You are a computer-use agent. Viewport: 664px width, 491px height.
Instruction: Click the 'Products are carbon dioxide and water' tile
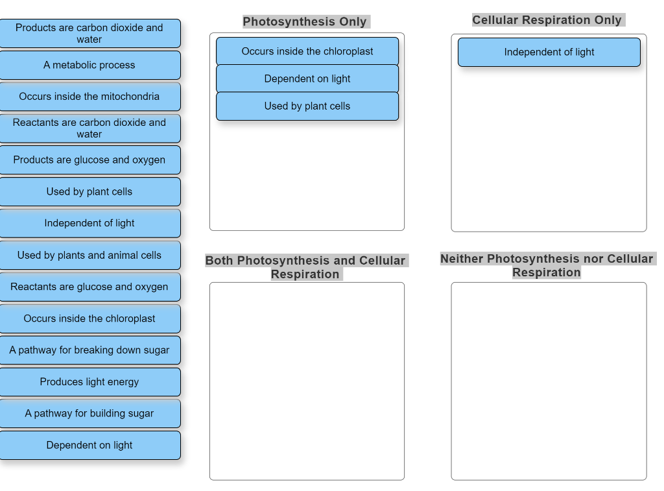point(89,34)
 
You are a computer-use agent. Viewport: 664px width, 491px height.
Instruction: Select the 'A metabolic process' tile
point(89,65)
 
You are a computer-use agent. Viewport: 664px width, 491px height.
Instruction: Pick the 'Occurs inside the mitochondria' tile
point(89,97)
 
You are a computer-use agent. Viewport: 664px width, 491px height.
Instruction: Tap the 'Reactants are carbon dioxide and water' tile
point(89,128)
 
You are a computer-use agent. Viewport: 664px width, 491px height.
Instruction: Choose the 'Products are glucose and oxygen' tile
point(89,160)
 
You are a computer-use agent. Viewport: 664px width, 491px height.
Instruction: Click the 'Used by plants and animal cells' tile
point(89,256)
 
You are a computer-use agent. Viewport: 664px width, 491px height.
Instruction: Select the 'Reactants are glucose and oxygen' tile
point(89,287)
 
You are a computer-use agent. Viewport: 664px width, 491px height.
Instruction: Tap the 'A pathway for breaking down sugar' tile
point(89,350)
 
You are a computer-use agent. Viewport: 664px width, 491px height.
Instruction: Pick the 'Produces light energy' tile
point(89,382)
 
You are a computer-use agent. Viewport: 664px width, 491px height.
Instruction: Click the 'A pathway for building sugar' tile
point(89,414)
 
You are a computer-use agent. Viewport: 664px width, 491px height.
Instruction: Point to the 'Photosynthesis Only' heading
point(305,22)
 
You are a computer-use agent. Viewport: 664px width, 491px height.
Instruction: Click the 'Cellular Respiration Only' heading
point(547,20)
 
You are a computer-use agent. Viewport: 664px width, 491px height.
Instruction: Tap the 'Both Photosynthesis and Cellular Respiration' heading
point(305,267)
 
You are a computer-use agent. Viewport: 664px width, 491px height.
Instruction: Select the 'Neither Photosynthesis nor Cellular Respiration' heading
point(547,265)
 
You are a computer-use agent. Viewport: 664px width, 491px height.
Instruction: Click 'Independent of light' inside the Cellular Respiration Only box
point(549,52)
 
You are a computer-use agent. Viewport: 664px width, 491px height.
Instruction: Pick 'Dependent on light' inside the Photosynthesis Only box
point(307,78)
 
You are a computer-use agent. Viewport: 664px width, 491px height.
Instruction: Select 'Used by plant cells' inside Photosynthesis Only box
point(307,106)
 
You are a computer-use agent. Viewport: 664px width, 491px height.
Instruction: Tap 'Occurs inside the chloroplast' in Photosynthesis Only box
point(307,51)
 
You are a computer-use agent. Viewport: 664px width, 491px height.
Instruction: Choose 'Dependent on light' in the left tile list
point(89,446)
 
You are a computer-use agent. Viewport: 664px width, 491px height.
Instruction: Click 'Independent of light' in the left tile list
point(89,223)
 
